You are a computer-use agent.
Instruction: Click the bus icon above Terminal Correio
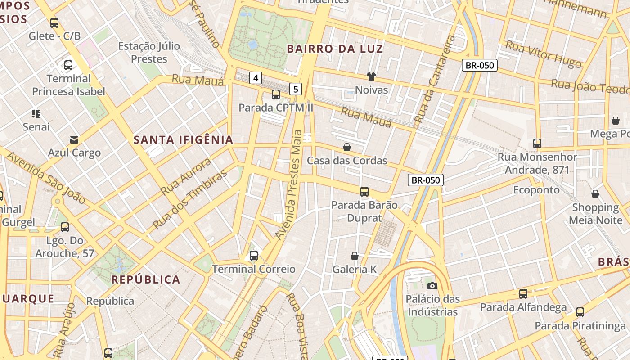(254, 256)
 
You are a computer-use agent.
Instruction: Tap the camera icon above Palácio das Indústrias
(432, 286)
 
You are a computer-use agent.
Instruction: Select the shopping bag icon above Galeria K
(355, 256)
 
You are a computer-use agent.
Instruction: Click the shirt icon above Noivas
(371, 76)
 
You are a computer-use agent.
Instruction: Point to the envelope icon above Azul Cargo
(74, 140)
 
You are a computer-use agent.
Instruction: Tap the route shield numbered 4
(256, 78)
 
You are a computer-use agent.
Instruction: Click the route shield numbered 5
(295, 89)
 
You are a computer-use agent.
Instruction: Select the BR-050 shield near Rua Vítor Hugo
(480, 65)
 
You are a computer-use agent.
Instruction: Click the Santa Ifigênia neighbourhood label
(183, 140)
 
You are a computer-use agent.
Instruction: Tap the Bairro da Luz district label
(335, 49)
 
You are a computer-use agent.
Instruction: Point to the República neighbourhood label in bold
(146, 279)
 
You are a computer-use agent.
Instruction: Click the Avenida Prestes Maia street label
(291, 184)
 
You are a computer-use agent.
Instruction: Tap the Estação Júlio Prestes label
(149, 52)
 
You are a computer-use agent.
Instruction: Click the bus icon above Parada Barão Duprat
(364, 192)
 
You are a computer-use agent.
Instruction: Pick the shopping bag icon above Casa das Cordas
(347, 147)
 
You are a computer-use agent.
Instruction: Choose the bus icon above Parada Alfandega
(523, 294)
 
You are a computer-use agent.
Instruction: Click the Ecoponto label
(536, 190)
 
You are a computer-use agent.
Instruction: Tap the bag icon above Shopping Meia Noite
(595, 194)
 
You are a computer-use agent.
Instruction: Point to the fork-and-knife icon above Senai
(36, 114)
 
